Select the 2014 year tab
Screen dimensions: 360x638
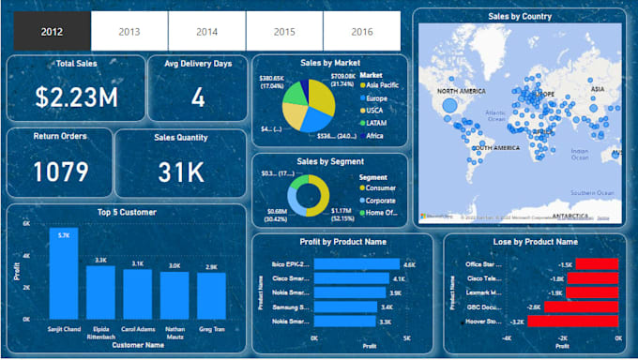[206, 31]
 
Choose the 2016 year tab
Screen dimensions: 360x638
[362, 31]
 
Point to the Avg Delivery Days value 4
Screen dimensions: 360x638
[198, 97]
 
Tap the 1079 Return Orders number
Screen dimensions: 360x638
[60, 172]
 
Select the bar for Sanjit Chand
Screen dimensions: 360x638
[64, 280]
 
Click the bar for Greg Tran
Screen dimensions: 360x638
[212, 297]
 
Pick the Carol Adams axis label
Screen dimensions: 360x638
[138, 330]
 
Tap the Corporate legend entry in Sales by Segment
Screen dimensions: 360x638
[380, 200]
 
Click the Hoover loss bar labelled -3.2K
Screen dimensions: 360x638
[573, 321]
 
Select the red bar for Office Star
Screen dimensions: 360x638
[590, 264]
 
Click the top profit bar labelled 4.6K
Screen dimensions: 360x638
[357, 264]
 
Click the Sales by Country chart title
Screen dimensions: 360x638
[519, 16]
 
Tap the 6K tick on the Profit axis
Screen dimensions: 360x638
[26, 226]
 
